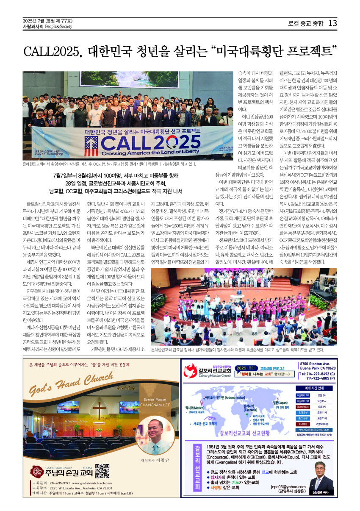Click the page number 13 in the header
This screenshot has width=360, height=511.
[x=332, y=23]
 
